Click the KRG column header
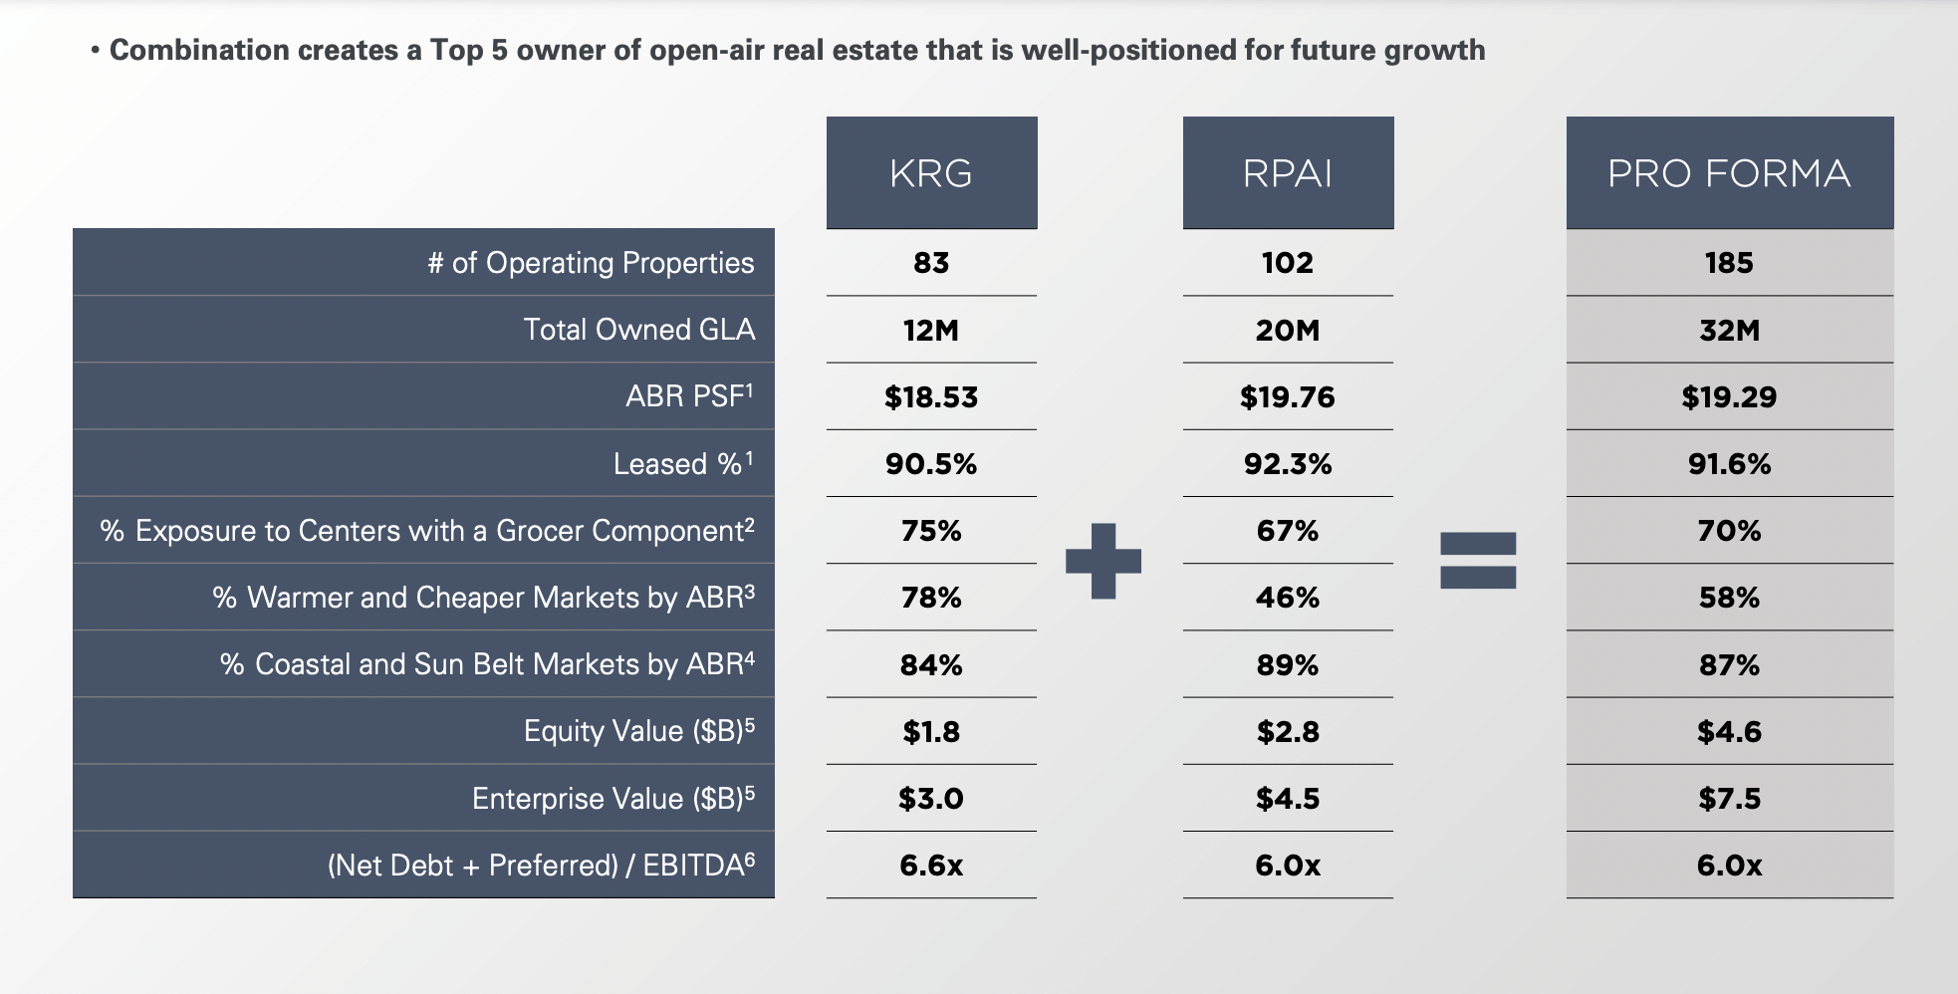tap(931, 173)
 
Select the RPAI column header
tap(1288, 173)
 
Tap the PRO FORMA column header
tap(1729, 173)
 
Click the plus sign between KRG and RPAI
tap(1103, 561)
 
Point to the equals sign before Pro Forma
tap(1478, 560)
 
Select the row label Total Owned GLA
tap(638, 330)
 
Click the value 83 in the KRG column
tap(931, 263)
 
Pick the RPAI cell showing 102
tap(1288, 263)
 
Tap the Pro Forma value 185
tap(1729, 263)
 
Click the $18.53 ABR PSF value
tap(931, 397)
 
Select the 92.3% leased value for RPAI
tap(1288, 464)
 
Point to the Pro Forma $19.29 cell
tap(1729, 397)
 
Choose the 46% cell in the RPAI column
tap(1288, 598)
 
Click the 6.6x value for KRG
tap(931, 865)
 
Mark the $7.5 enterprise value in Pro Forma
tap(1729, 799)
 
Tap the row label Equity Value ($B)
tap(638, 731)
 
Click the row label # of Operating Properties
tap(591, 263)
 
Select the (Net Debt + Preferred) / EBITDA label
tap(541, 865)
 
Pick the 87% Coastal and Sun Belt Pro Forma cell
tap(1729, 664)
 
